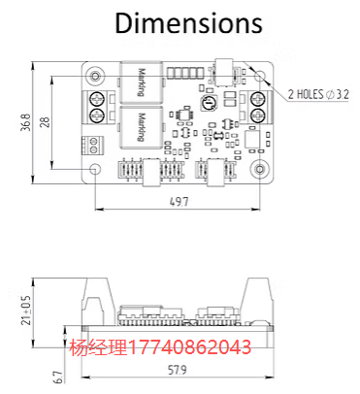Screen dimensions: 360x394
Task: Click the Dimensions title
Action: [188, 23]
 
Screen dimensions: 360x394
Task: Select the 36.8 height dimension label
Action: [26, 122]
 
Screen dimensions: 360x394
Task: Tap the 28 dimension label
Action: [46, 122]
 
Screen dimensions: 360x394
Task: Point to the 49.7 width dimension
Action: [179, 202]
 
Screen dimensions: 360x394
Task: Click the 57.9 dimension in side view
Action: [178, 370]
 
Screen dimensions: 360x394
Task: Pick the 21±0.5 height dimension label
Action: [26, 311]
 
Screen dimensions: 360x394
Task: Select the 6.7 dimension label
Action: [58, 377]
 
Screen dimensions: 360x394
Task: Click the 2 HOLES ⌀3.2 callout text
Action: [318, 95]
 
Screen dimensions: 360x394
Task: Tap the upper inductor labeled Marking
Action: [141, 82]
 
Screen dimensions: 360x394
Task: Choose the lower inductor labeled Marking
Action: [141, 127]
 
